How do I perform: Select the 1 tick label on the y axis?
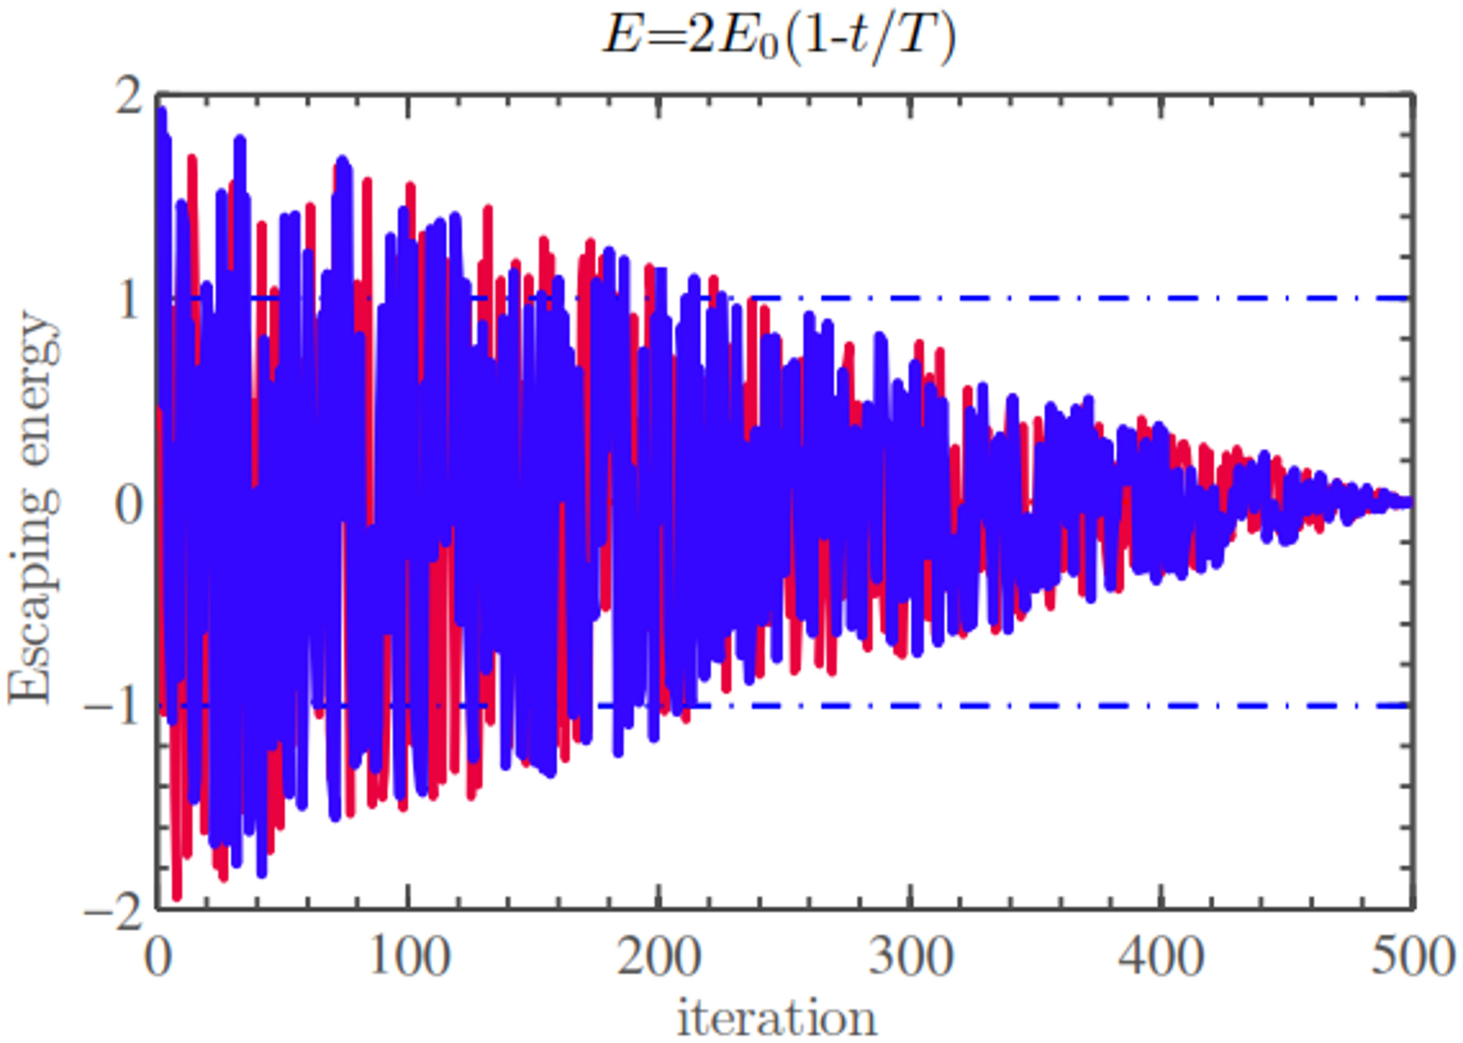129,300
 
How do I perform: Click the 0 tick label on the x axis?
158,956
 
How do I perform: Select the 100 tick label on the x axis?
409,956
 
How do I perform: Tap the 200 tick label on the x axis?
659,956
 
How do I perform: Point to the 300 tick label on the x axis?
911,956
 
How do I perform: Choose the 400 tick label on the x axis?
1161,956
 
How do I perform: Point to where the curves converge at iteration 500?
1410,502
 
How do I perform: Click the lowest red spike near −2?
176,895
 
